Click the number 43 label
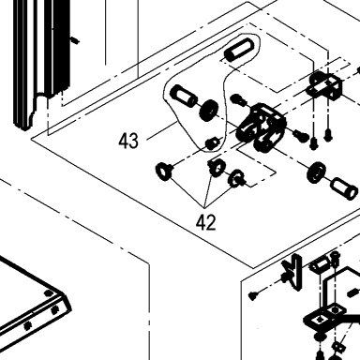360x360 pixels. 128,141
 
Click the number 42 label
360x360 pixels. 206,222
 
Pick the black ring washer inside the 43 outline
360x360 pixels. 209,111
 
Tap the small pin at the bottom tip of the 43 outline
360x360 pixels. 212,142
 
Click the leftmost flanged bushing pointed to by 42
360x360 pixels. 164,171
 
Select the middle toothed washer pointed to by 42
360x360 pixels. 217,167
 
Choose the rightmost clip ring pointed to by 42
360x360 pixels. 236,178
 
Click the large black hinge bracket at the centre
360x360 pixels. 261,127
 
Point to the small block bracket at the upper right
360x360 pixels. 325,84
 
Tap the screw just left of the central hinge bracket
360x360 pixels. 239,100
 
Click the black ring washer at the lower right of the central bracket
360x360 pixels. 317,172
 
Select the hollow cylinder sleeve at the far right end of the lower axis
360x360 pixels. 344,188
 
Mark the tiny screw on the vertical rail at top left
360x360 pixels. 75,40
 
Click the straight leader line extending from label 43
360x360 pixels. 161,130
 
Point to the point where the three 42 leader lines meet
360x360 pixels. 204,207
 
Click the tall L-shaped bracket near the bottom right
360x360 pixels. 293,273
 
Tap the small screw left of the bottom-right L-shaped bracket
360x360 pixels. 253,294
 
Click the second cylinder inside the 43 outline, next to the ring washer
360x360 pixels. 184,96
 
